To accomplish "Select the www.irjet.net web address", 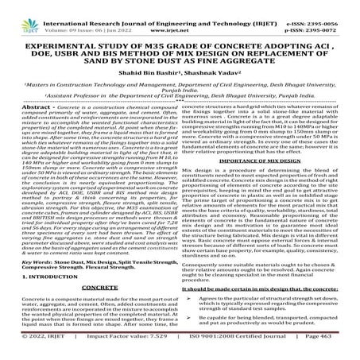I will (x=181, y=14).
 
